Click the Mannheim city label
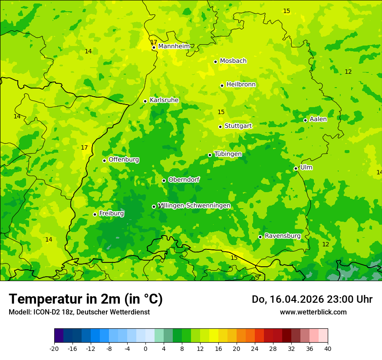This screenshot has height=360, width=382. click(174, 46)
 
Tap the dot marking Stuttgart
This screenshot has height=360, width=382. click(220, 127)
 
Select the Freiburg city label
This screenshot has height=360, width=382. click(111, 213)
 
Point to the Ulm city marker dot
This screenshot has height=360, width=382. click(296, 168)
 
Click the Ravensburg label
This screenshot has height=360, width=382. click(283, 236)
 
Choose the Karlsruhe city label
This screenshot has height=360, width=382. click(164, 100)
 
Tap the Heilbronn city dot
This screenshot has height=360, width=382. click(222, 85)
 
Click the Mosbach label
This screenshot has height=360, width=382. click(233, 61)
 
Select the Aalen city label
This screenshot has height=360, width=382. click(318, 119)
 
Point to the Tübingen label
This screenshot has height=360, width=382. click(227, 154)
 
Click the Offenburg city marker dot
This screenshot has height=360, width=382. click(104, 160)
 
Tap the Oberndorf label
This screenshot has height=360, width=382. click(184, 180)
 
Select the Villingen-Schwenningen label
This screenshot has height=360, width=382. click(194, 206)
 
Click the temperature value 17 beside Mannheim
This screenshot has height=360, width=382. click(154, 42)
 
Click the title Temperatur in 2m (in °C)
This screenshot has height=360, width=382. click(86, 299)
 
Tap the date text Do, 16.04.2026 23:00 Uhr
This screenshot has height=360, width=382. click(312, 299)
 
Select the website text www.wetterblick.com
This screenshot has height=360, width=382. click(313, 312)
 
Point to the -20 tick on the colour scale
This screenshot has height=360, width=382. click(54, 348)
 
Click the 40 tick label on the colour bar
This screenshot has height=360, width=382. click(328, 348)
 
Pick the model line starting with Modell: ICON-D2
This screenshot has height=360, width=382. click(79, 312)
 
